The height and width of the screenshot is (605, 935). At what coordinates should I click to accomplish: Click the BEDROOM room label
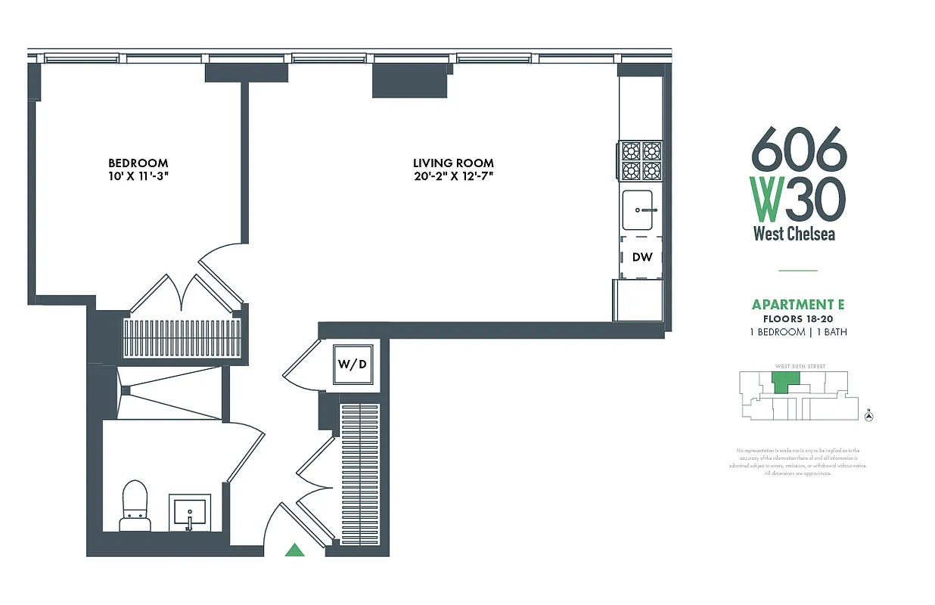[x=138, y=163]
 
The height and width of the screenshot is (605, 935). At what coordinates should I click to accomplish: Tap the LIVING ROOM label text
[x=453, y=163]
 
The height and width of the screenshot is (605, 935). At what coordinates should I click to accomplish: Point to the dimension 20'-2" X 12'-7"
[x=453, y=177]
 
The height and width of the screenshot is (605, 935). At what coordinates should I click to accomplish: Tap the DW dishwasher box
[x=641, y=257]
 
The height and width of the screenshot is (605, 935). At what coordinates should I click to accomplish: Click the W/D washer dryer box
[x=353, y=365]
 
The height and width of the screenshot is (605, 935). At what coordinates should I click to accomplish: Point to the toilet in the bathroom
[x=136, y=505]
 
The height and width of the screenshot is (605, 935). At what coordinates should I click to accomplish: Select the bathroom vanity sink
[x=189, y=513]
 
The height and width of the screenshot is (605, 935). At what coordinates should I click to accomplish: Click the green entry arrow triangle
[x=294, y=550]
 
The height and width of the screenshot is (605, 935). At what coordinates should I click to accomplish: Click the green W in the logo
[x=766, y=198]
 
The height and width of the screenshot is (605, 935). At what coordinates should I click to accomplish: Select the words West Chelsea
[x=794, y=234]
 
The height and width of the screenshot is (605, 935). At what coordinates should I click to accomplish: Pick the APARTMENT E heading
[x=797, y=305]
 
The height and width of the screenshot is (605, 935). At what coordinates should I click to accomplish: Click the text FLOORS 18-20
[x=797, y=319]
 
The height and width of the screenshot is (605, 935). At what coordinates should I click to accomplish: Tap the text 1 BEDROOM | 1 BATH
[x=797, y=332]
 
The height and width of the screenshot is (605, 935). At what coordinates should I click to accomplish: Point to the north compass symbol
[x=868, y=414]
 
